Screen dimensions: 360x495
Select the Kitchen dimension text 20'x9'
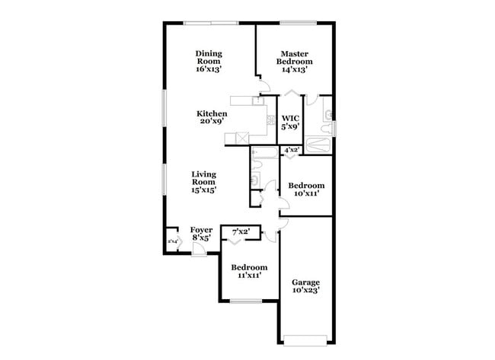point(212,122)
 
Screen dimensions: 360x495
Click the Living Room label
point(204,182)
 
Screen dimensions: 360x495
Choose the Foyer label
point(201,234)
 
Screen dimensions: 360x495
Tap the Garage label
point(305,286)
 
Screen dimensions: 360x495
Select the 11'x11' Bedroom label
point(249,272)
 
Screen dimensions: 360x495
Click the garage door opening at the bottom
point(305,337)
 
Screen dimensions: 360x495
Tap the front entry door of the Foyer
point(198,251)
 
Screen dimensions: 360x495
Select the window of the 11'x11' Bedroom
point(245,301)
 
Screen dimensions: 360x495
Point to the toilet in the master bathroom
point(328,115)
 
